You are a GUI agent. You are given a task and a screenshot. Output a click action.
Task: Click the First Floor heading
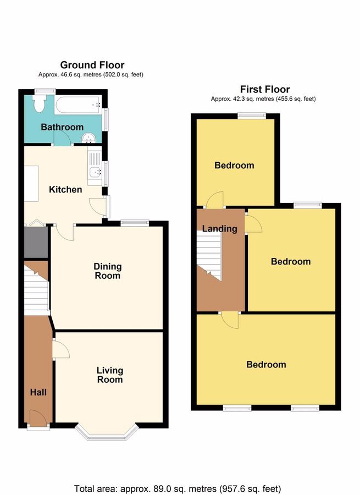(265, 89)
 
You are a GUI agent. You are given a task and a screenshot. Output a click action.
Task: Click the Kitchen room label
(65, 190)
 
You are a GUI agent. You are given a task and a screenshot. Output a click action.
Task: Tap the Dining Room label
(107, 271)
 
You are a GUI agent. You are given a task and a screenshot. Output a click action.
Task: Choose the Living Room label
(109, 375)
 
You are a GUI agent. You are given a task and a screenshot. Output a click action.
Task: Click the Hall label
(38, 392)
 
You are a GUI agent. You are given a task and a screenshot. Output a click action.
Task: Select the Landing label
(219, 229)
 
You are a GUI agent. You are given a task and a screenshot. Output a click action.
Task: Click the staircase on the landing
(209, 256)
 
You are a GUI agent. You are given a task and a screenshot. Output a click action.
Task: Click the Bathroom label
(62, 127)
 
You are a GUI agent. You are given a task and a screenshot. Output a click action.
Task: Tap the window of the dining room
(135, 222)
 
